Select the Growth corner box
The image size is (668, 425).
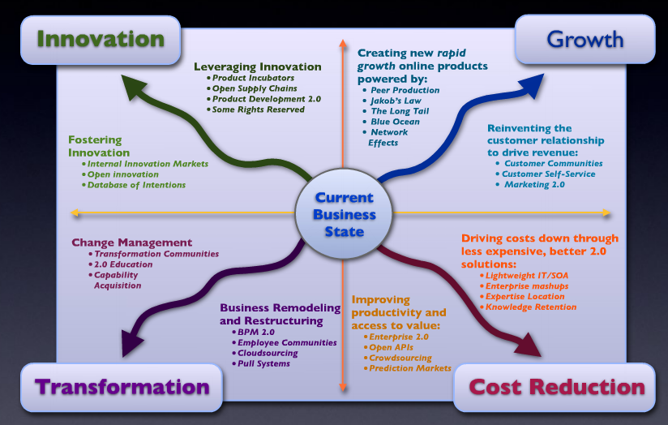coord(584,38)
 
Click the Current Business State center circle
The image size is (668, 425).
coord(345,215)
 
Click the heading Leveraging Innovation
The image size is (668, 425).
coord(257,67)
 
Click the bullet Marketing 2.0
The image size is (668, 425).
coord(534,185)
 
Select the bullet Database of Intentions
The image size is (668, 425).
coord(137,185)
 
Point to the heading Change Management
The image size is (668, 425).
coord(131,243)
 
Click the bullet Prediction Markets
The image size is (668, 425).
coord(409,368)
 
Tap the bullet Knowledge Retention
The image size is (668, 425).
coord(530,307)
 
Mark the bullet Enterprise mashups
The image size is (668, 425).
coord(526,286)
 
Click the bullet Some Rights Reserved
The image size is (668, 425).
coord(259,109)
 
